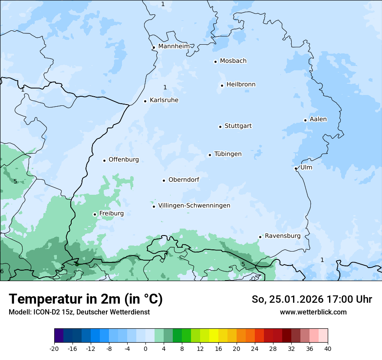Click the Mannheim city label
click(x=174, y=46)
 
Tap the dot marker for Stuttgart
click(x=220, y=127)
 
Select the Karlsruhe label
click(x=164, y=100)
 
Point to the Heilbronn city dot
click(x=222, y=85)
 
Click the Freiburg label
click(x=111, y=213)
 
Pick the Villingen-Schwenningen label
click(x=194, y=206)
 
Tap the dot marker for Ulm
click(x=296, y=168)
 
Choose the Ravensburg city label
click(x=283, y=236)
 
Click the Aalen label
click(x=318, y=119)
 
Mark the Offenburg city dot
click(x=104, y=160)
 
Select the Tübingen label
click(x=228, y=154)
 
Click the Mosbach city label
click(x=233, y=61)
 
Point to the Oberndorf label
click(x=184, y=180)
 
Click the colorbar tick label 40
click(x=328, y=348)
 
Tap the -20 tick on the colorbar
click(x=54, y=348)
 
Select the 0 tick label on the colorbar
click(x=145, y=348)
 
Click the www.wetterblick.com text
click(x=313, y=312)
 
